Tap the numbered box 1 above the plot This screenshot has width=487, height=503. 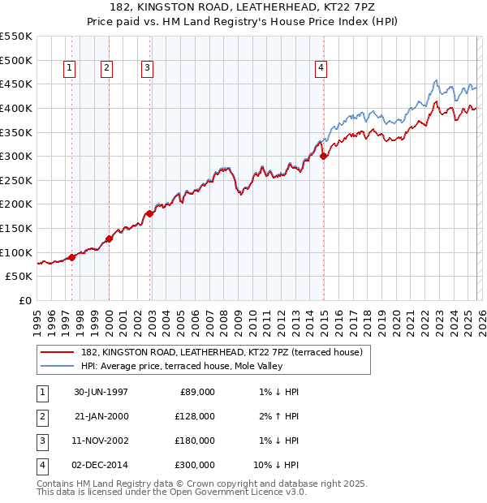pyautogui.click(x=69, y=69)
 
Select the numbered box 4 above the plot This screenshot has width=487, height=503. pyautogui.click(x=321, y=69)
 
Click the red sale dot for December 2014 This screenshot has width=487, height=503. pyautogui.click(x=323, y=156)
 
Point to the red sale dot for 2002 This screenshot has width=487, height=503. pyautogui.click(x=150, y=214)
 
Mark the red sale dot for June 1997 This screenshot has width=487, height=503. pyautogui.click(x=72, y=257)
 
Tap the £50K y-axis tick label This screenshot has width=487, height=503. pyautogui.click(x=19, y=277)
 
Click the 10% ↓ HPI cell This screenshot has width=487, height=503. pyautogui.click(x=276, y=465)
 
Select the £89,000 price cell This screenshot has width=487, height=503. pyautogui.click(x=196, y=392)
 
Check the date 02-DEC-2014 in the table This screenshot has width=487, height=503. pyautogui.click(x=101, y=465)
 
